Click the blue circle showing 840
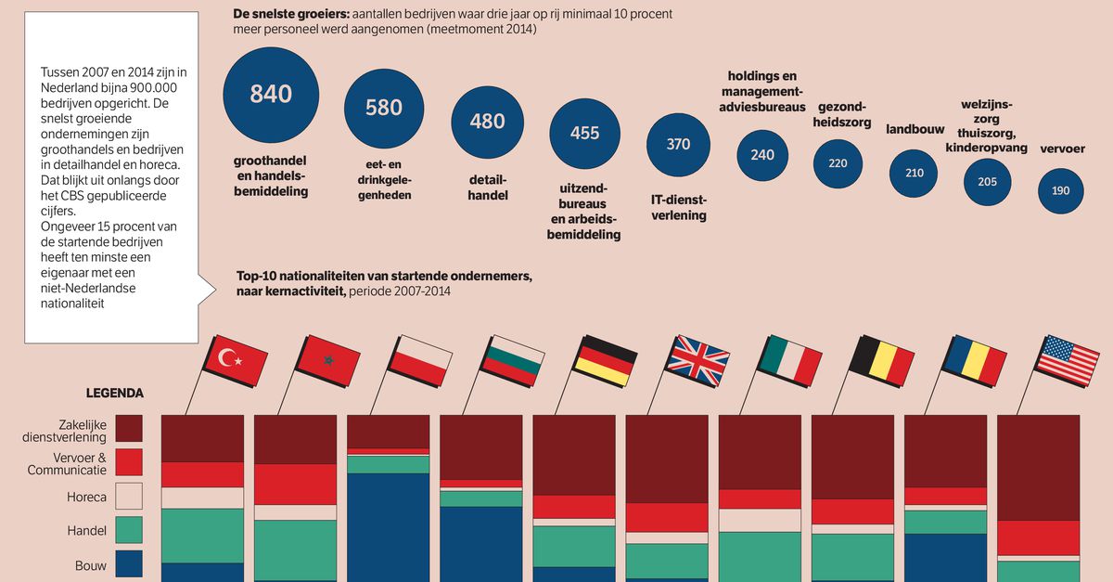[x=271, y=94]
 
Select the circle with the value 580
[x=383, y=108]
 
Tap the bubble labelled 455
[x=584, y=133]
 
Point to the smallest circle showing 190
[x=1061, y=190]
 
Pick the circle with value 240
[x=762, y=155]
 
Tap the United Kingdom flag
[x=700, y=358]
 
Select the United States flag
[x=1067, y=359]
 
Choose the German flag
[x=606, y=358]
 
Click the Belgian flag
[x=883, y=360]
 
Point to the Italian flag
[x=790, y=359]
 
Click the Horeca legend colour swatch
[x=129, y=497]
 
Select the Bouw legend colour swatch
[x=129, y=564]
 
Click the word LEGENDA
[x=115, y=393]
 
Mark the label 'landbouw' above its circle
[x=914, y=130]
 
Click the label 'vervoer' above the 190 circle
[x=1062, y=149]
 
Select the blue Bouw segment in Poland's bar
[x=388, y=524]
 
